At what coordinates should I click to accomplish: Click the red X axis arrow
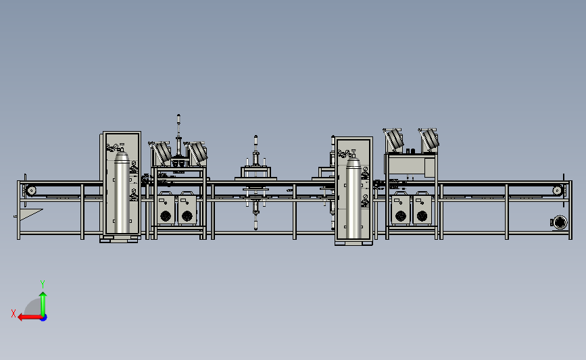30,317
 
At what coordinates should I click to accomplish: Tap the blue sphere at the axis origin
44,318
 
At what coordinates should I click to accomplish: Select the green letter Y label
43,284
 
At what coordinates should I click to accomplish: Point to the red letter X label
14,313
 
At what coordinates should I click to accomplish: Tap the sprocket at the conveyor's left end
31,190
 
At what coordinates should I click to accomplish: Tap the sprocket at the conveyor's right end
557,190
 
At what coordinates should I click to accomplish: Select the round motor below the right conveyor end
560,223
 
